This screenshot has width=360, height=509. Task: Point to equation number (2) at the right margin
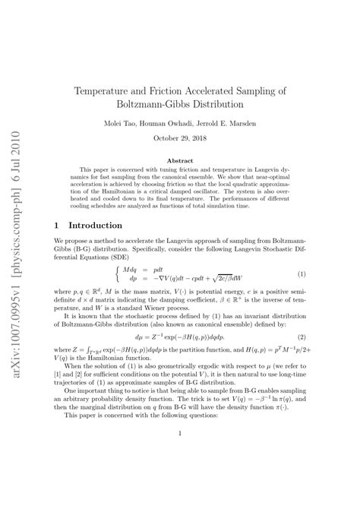pos(302,337)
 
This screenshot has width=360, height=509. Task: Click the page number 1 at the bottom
pos(179,455)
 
